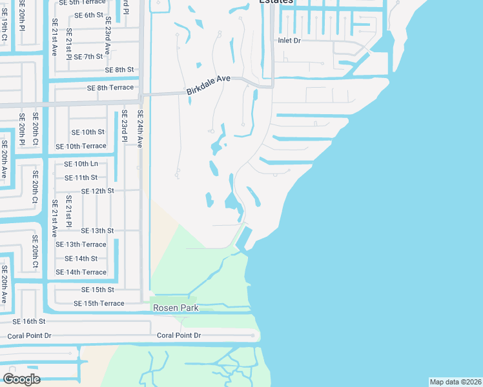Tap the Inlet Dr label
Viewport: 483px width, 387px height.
coord(289,40)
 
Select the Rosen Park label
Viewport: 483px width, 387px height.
coord(176,308)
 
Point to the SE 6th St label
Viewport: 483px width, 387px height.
coord(88,15)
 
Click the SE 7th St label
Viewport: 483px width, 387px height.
coord(88,57)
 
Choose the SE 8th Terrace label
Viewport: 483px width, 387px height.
coord(106,87)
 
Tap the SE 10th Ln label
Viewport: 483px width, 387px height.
coord(81,164)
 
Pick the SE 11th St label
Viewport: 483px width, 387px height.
coord(85,177)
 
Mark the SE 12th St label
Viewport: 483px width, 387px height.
coord(98,191)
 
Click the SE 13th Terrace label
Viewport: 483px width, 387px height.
coord(81,244)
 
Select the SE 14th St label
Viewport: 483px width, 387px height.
coord(85,259)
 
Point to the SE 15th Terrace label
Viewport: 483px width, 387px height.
coord(99,303)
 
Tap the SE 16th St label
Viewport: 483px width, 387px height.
coord(29,321)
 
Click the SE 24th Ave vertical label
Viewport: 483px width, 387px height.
coord(139,128)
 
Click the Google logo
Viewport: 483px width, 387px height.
coord(21,379)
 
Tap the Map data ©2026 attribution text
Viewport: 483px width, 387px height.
coord(455,382)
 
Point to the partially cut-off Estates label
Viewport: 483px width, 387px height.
coord(276,2)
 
